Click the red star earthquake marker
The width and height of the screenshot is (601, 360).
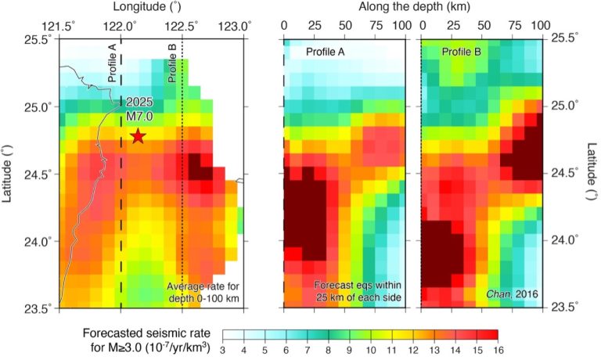click(x=139, y=136)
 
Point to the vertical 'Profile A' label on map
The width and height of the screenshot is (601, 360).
click(x=113, y=66)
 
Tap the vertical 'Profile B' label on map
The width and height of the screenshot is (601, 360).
click(x=173, y=66)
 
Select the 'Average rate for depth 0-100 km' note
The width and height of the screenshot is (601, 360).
click(x=205, y=291)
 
